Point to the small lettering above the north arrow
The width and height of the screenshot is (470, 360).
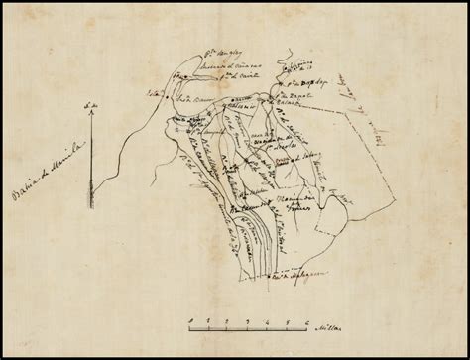90,104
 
